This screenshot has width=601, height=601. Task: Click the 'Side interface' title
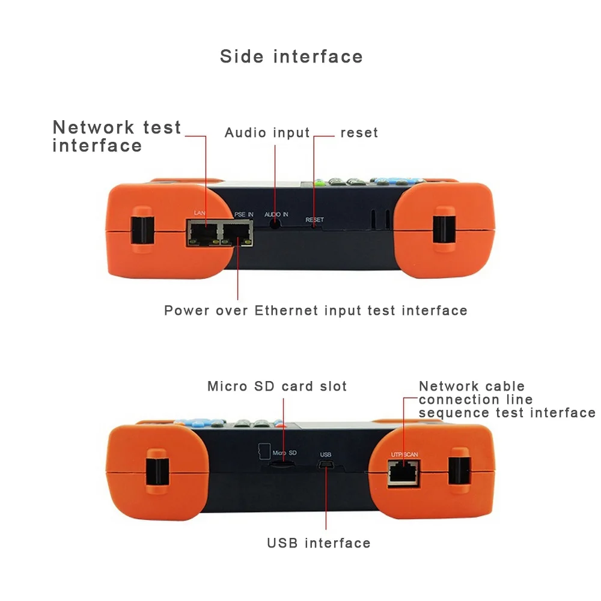[291, 56]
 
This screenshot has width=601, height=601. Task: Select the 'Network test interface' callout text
[117, 136]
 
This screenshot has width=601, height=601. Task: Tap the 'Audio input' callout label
[267, 133]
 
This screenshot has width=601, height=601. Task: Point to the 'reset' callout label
[359, 133]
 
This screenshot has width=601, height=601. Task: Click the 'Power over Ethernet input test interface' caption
[316, 311]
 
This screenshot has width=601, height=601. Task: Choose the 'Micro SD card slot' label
[277, 386]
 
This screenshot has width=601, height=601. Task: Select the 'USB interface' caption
[319, 543]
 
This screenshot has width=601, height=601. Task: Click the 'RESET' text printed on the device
[314, 220]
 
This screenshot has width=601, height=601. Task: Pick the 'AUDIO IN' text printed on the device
[276, 214]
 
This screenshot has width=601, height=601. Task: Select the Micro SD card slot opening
[281, 464]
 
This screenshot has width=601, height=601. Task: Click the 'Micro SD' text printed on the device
[284, 452]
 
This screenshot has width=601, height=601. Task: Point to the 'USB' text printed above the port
[326, 455]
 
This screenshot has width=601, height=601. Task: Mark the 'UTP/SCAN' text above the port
[404, 454]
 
